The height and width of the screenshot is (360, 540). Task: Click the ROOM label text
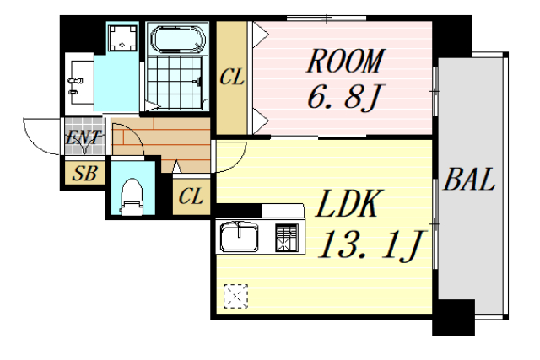(344, 62)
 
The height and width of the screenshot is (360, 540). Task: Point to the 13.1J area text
(370, 244)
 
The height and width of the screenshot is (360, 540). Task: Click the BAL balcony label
(470, 181)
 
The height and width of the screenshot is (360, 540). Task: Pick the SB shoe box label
(84, 175)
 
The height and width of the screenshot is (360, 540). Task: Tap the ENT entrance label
(84, 137)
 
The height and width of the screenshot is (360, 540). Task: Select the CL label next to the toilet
(192, 198)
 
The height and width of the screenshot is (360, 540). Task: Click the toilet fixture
(131, 195)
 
